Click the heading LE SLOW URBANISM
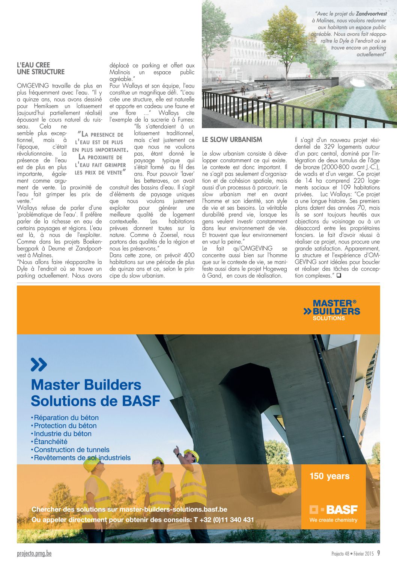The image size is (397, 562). tap(232, 140)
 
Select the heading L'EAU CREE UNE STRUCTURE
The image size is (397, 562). tap(41, 68)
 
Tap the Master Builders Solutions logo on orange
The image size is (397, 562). tap(332, 310)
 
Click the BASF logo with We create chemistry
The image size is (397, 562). tap(333, 513)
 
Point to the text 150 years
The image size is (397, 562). tap(329, 476)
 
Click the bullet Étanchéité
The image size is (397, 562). tap(50, 442)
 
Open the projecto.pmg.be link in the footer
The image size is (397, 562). tap(34, 553)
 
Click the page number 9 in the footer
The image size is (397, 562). tap(379, 553)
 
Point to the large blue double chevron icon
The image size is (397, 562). tap(39, 365)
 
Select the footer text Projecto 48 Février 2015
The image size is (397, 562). tap(352, 554)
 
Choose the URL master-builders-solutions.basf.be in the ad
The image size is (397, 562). tap(173, 510)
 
